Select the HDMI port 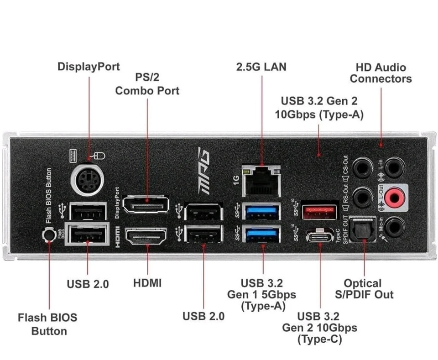click(146, 237)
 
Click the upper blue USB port click(262, 211)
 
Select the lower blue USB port click(262, 235)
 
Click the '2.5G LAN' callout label click(261, 67)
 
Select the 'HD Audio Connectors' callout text click(381, 73)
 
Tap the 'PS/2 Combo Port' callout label click(147, 84)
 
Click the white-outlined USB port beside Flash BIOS click(87, 235)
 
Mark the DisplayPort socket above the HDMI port click(146, 205)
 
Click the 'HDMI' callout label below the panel click(147, 283)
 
